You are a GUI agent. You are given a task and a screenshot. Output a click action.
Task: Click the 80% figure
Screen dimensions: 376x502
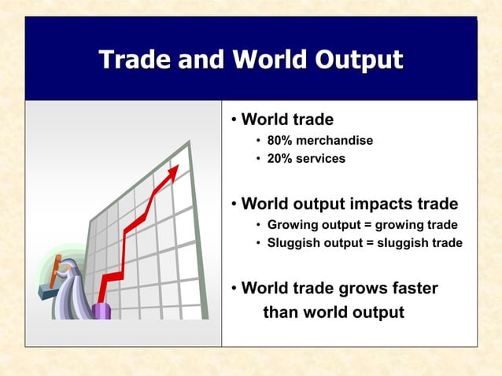[280, 141]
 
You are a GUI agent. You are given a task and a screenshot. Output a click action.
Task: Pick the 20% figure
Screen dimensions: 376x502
[280, 159]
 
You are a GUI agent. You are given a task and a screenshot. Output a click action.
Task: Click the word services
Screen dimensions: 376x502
[321, 159]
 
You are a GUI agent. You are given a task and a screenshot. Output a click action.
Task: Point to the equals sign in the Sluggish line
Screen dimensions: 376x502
[369, 243]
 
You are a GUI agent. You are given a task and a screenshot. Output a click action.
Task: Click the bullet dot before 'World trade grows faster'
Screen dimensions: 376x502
[234, 289]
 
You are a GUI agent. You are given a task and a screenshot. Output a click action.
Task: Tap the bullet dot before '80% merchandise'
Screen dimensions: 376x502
[259, 141]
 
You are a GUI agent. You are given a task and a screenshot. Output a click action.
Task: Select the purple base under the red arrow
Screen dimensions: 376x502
[102, 309]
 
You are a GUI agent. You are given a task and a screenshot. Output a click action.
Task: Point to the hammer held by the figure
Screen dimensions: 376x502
[56, 272]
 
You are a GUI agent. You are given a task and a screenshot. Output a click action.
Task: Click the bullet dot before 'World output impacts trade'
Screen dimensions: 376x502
[234, 205]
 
